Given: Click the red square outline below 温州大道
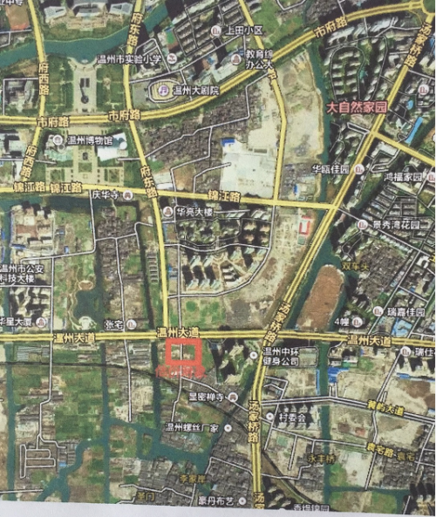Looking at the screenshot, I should point(183,356).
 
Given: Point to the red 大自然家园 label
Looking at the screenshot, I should point(356,107).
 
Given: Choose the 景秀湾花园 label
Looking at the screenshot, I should point(397,224).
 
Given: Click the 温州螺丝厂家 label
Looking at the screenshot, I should point(193,427).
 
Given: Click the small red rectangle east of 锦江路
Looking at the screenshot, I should point(304,228).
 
